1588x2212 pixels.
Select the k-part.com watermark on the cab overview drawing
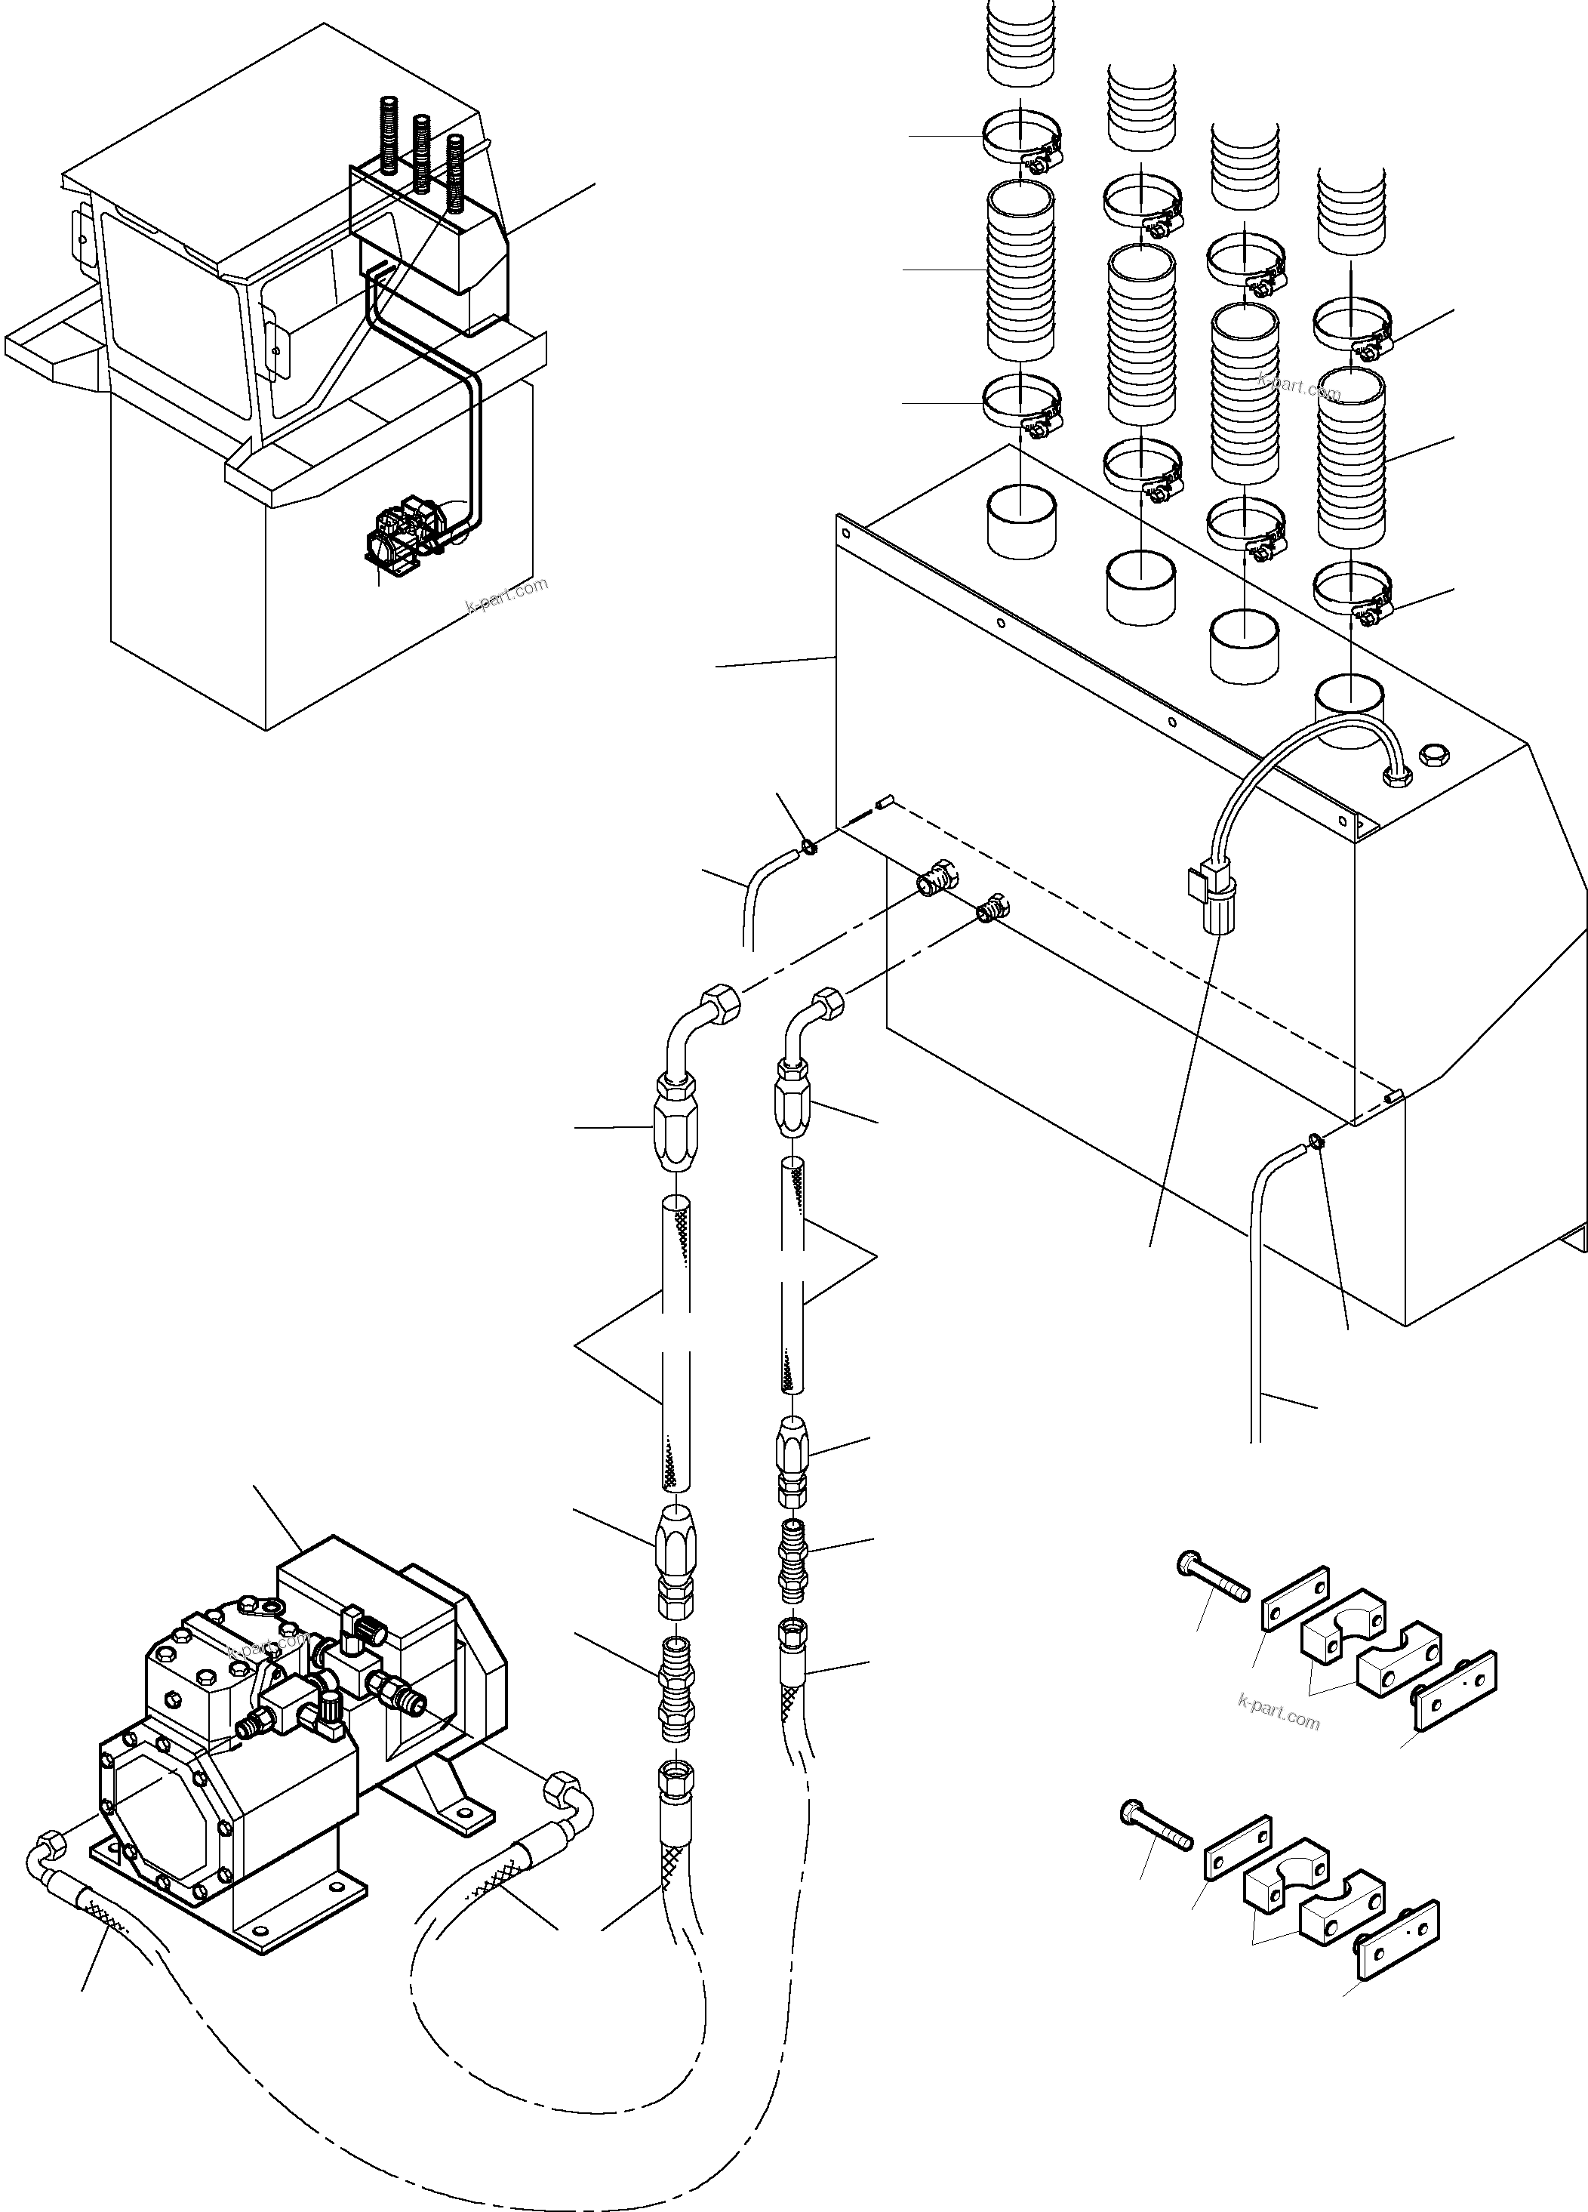tap(507, 594)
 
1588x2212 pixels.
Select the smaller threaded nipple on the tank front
tap(992, 908)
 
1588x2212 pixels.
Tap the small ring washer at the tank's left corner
tap(808, 846)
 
